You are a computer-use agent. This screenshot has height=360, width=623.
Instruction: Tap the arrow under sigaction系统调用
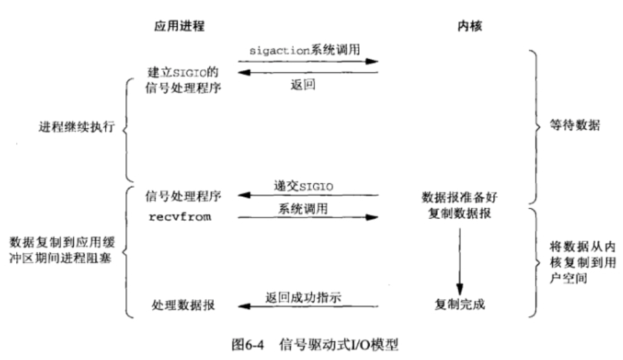tap(307, 62)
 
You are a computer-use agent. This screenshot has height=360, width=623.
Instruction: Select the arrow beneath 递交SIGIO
tap(307, 195)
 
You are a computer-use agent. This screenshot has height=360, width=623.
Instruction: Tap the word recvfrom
tap(180, 217)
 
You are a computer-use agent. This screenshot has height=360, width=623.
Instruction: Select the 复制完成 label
tap(460, 305)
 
